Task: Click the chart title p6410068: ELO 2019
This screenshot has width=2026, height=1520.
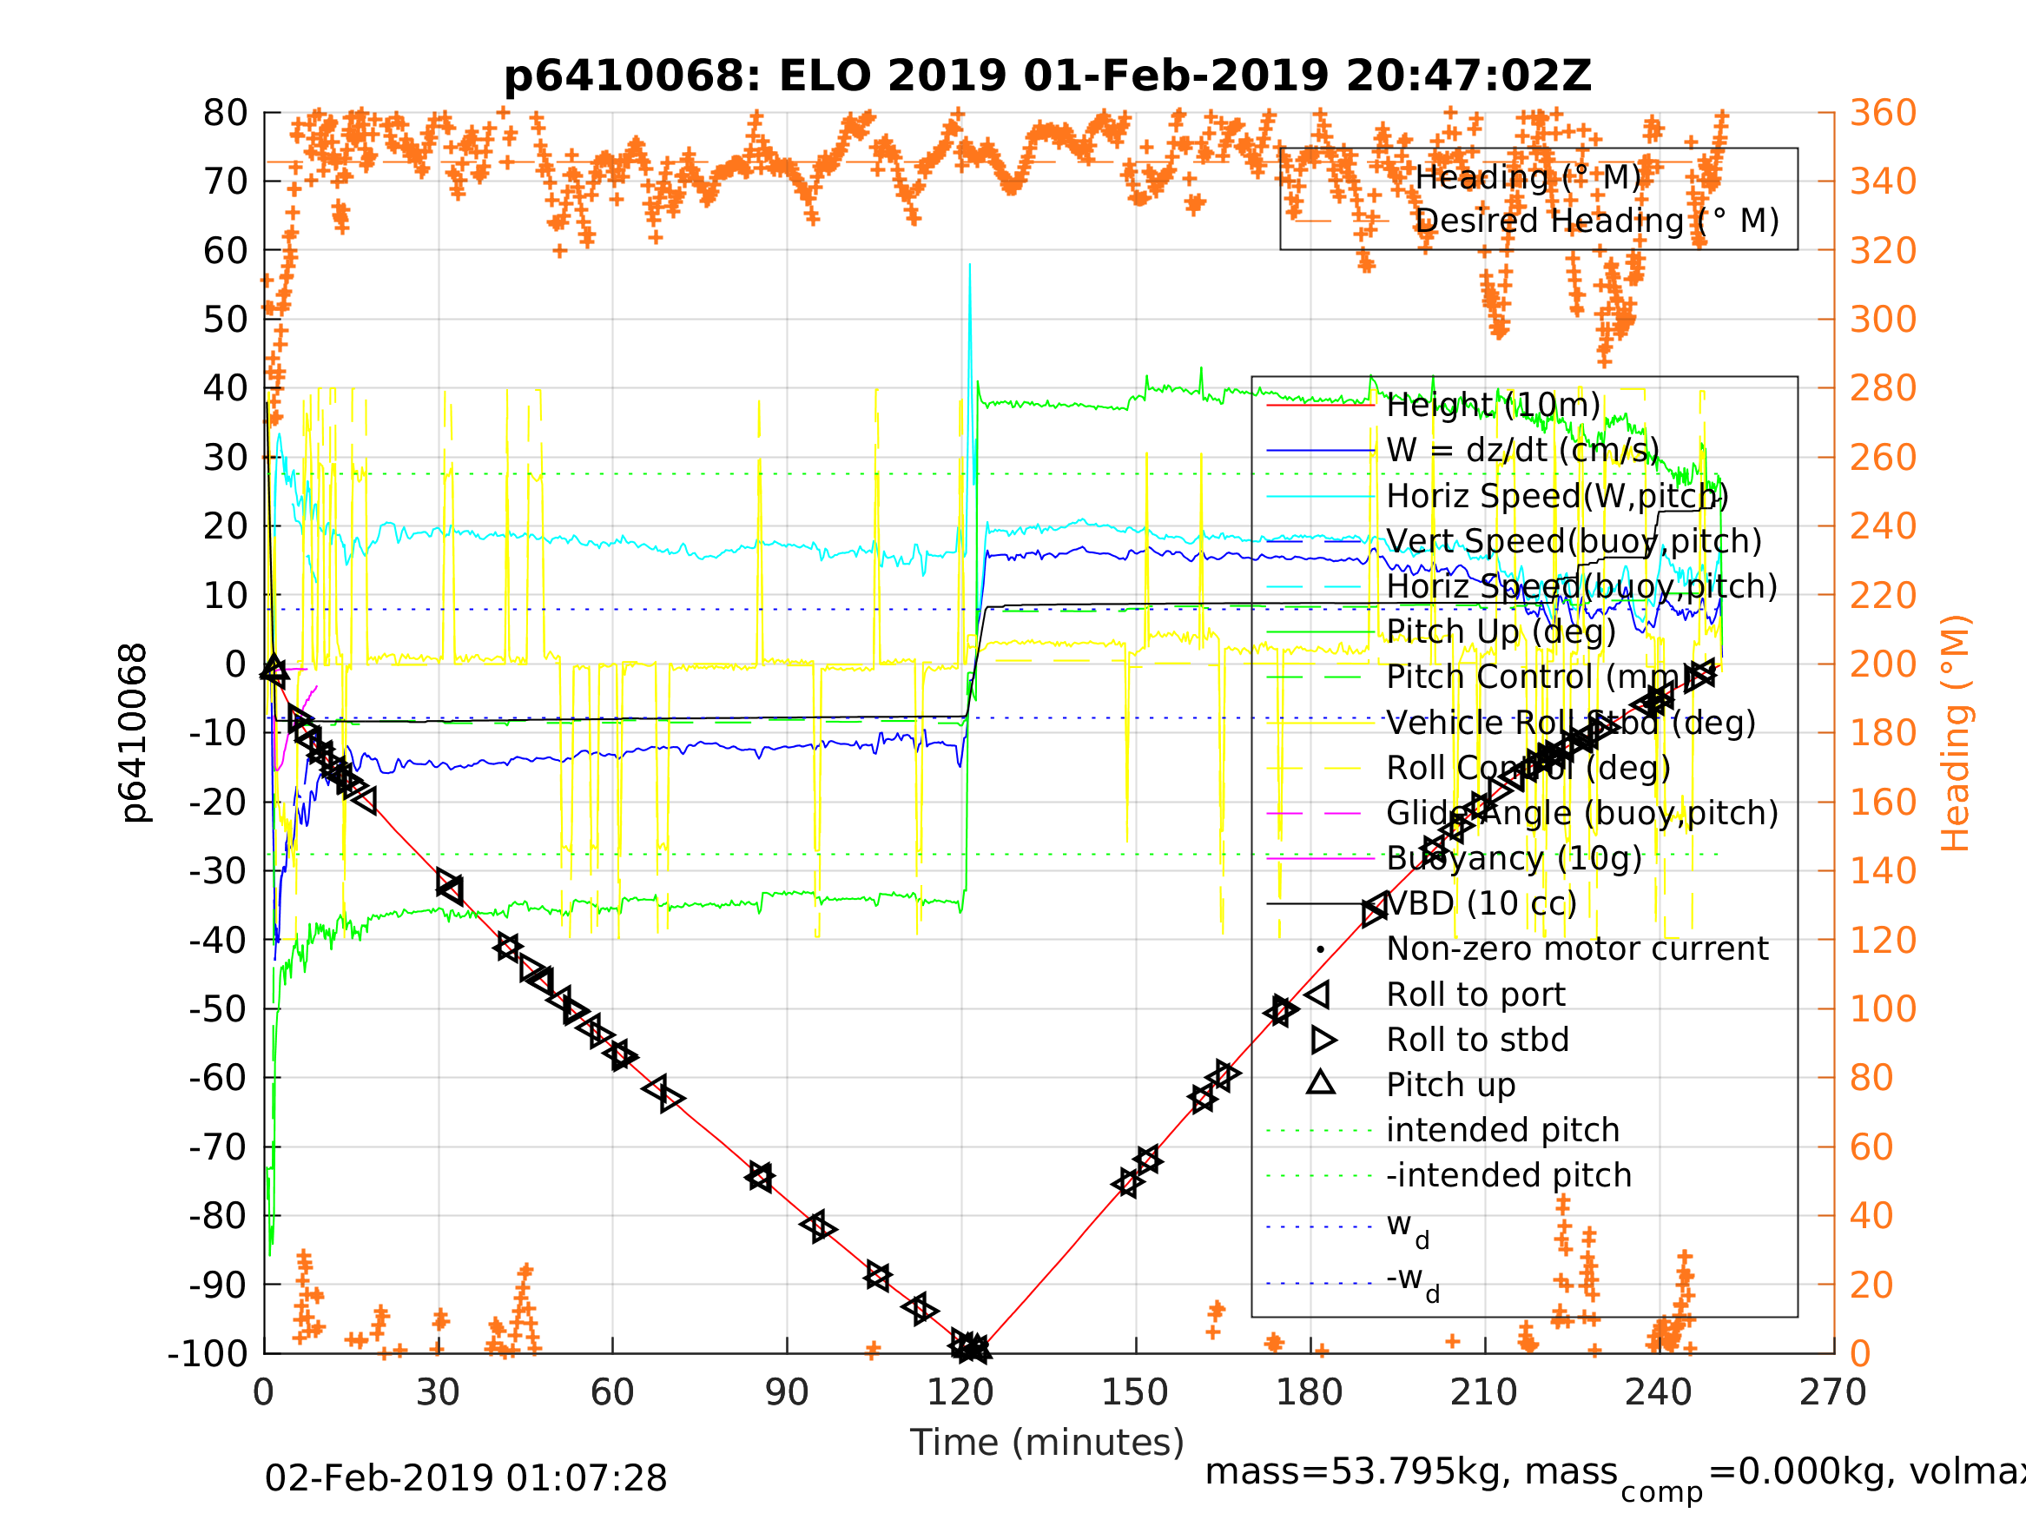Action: pyautogui.click(x=1047, y=76)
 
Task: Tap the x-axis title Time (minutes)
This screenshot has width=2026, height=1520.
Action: pyautogui.click(x=1047, y=1442)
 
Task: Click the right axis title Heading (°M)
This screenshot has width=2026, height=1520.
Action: pyautogui.click(x=1956, y=733)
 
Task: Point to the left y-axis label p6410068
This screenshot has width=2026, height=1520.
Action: pyautogui.click(x=135, y=733)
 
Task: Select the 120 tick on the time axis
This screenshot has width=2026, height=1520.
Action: pyautogui.click(x=960, y=1392)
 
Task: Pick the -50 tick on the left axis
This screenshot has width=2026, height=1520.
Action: pyautogui.click(x=218, y=1008)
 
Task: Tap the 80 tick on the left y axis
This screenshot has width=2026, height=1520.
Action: pyautogui.click(x=225, y=114)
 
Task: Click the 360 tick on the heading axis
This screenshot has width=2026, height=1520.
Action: pyautogui.click(x=1883, y=114)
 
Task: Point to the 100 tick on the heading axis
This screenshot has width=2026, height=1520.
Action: pyautogui.click(x=1883, y=1008)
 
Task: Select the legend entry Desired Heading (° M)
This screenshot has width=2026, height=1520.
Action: pyautogui.click(x=1596, y=221)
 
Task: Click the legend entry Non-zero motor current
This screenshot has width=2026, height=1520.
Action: pyautogui.click(x=1577, y=949)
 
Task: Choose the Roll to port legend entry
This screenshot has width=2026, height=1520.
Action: pyautogui.click(x=1475, y=995)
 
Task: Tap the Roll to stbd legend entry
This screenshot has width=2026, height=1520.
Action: pyautogui.click(x=1477, y=1040)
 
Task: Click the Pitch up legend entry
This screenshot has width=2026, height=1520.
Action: pyautogui.click(x=1451, y=1085)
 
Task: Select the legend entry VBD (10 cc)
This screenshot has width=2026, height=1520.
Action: pyautogui.click(x=1481, y=903)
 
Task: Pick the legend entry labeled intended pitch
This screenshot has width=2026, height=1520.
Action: pyautogui.click(x=1502, y=1131)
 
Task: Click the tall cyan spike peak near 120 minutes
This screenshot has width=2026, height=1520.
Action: pyautogui.click(x=970, y=266)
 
